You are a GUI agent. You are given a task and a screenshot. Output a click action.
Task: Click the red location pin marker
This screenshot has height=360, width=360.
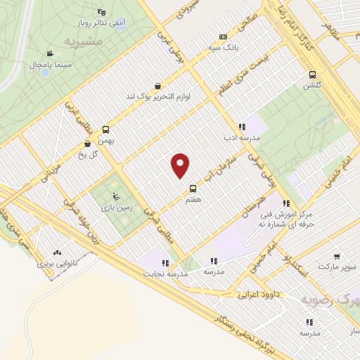[x=181, y=165]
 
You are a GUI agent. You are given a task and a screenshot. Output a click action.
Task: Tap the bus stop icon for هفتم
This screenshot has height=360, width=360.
[x=193, y=188]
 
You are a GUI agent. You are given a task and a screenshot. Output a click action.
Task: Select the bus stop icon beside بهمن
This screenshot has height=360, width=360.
[x=105, y=129]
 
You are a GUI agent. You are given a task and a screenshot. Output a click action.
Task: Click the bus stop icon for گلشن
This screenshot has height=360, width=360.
[x=311, y=74]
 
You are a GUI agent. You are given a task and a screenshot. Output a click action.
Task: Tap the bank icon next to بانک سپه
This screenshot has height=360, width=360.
[x=224, y=37]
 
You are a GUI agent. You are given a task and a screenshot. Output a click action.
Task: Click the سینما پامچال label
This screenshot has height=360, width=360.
[x=47, y=65]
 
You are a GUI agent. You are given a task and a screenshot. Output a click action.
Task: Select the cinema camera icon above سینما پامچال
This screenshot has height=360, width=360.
[x=49, y=54]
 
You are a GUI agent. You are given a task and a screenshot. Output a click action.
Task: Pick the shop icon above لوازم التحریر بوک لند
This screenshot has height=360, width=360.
[x=157, y=85]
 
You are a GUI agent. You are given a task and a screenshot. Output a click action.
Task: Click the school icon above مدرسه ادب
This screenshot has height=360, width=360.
[x=241, y=127]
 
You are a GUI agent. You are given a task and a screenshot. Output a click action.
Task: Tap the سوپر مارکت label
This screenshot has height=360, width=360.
[x=337, y=267]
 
